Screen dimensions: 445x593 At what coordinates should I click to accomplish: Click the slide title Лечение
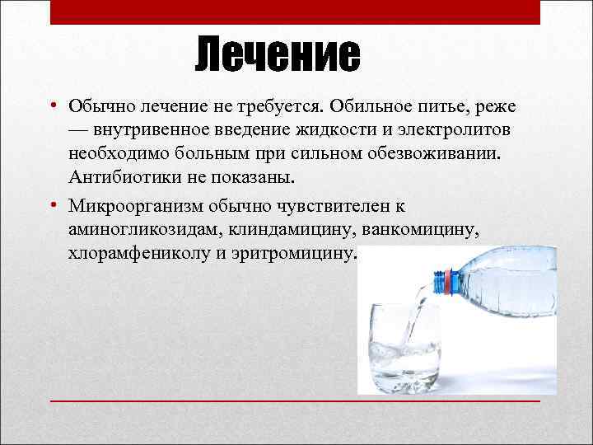click(278, 55)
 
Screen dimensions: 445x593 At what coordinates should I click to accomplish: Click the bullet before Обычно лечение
click(51, 106)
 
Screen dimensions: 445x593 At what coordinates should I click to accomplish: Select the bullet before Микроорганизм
click(51, 204)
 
